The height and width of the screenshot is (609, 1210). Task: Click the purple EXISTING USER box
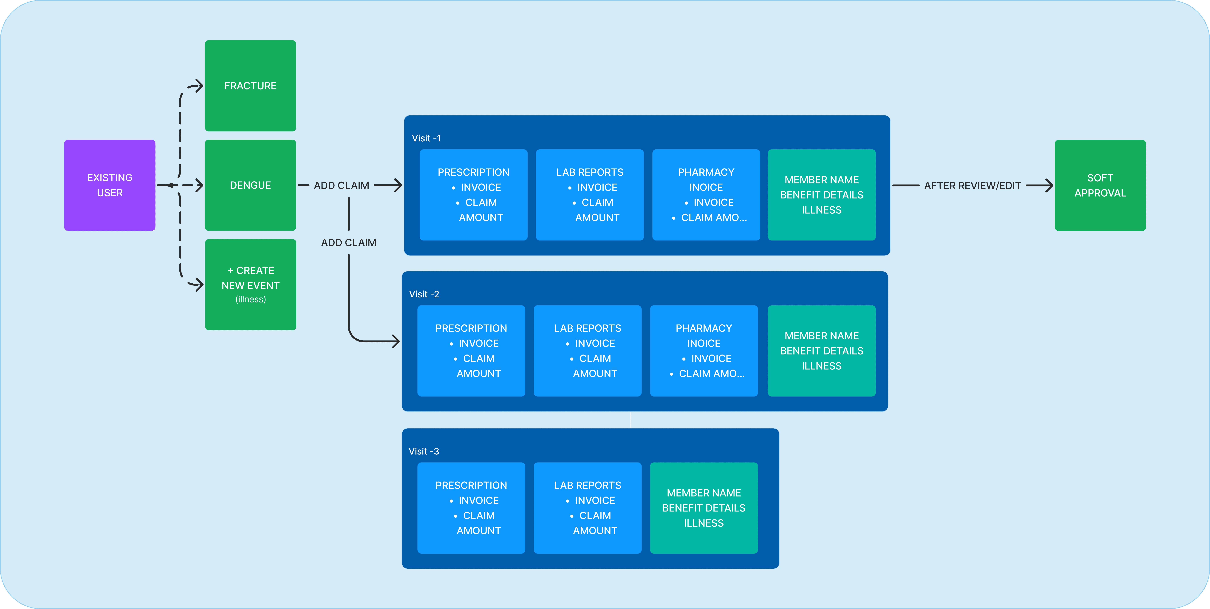click(x=109, y=185)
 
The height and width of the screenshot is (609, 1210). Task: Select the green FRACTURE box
click(x=250, y=85)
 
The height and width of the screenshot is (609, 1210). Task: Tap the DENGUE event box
click(x=250, y=185)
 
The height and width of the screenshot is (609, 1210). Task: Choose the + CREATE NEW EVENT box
click(x=250, y=285)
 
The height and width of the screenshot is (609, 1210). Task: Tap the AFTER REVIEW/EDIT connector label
click(x=972, y=185)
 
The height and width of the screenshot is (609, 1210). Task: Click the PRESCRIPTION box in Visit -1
click(x=473, y=195)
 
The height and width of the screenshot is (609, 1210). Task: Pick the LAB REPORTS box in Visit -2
click(x=588, y=351)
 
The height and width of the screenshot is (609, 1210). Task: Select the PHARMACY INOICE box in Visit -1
click(x=706, y=195)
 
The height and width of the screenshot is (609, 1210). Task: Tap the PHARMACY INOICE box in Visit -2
click(x=704, y=351)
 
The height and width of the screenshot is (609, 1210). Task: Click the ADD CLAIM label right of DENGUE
click(x=342, y=185)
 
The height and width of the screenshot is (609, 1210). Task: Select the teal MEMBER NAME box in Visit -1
click(x=822, y=195)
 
